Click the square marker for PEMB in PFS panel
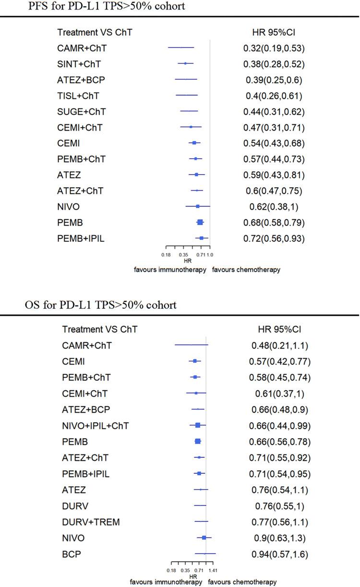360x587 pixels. click(200, 222)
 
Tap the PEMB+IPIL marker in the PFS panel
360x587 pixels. click(202, 238)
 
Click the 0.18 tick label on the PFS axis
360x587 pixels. click(166, 254)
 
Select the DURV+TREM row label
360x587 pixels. click(91, 522)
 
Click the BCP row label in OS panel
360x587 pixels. click(72, 554)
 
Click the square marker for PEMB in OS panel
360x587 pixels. click(198, 442)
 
